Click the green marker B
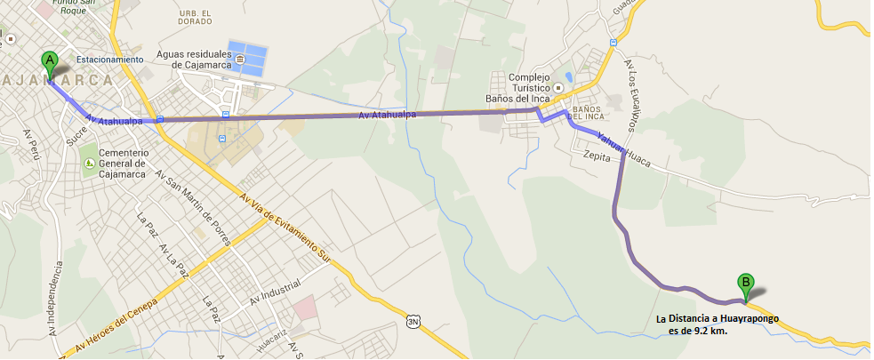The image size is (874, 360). pyautogui.click(x=745, y=284)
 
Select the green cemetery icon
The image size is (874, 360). pyautogui.click(x=88, y=164)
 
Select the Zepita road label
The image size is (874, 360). pyautogui.click(x=597, y=155)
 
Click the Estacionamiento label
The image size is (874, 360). pyautogui.click(x=109, y=60)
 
